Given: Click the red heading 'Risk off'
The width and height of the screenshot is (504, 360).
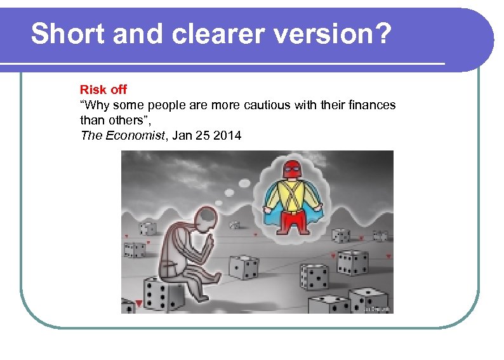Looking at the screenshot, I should tap(103, 90).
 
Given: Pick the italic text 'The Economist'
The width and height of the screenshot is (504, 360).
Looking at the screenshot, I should tap(121, 135).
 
